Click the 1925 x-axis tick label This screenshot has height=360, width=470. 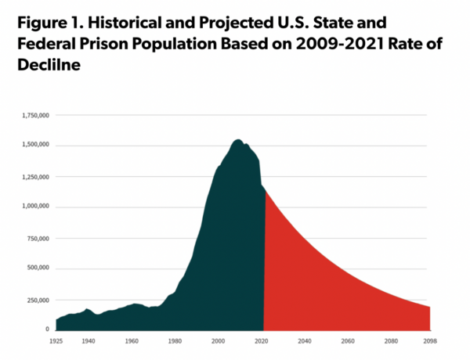(56, 342)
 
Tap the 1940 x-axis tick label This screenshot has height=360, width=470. (88, 342)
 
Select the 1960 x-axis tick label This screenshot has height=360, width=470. (132, 342)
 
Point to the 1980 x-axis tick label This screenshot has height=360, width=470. (175, 342)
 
